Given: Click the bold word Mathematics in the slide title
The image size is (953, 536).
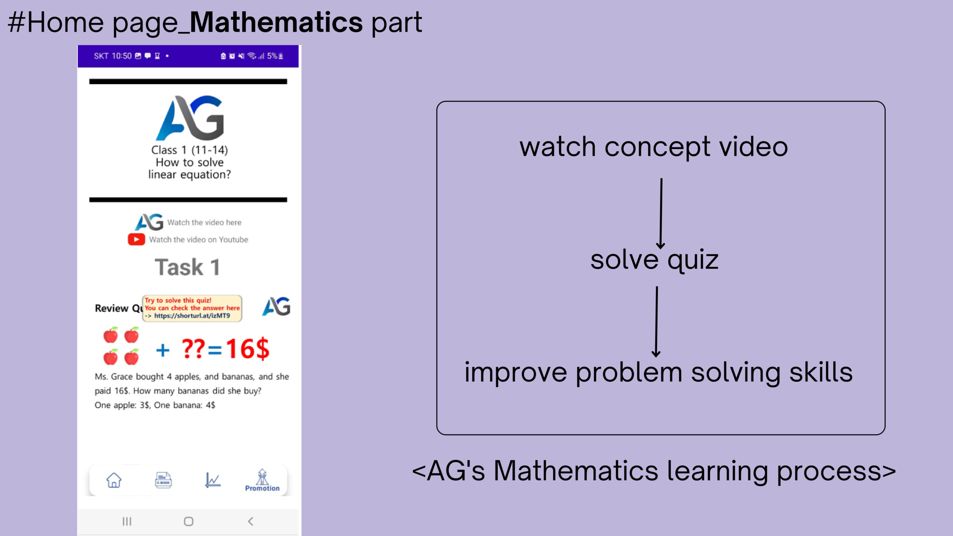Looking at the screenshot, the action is click(276, 22).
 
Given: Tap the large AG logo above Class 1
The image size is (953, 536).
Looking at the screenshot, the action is click(190, 118).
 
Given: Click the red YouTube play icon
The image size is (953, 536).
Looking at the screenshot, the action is click(136, 239).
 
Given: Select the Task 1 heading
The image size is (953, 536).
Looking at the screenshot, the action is click(187, 267).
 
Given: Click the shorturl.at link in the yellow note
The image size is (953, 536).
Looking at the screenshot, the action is click(192, 316).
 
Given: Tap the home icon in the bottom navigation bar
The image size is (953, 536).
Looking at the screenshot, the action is click(114, 480).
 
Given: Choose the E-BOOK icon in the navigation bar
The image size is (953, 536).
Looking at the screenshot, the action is click(163, 480).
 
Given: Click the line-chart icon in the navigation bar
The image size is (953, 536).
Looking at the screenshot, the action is click(213, 480).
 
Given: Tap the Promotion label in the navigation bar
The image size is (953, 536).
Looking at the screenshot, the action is click(262, 488).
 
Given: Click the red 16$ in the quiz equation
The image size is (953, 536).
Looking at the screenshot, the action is click(248, 349).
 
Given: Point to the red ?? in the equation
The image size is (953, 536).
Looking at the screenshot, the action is click(193, 348).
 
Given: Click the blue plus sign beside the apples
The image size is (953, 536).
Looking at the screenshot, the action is click(163, 350).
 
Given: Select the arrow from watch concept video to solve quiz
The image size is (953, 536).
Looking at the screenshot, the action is click(661, 214).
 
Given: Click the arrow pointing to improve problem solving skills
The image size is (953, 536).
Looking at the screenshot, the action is click(656, 322).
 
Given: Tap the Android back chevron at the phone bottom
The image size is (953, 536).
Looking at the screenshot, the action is click(251, 521).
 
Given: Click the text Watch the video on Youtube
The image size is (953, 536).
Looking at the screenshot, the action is click(199, 240).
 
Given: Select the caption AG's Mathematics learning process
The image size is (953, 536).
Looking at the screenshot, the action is click(654, 471).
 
